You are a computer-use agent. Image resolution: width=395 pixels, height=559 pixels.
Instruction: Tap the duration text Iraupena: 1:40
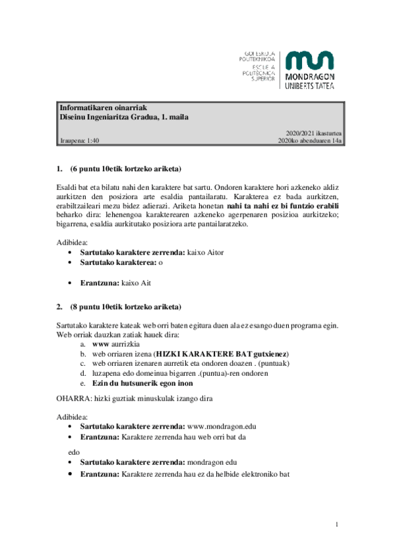tap(79, 140)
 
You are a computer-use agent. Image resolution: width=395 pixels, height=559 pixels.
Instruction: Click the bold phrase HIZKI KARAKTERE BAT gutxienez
tap(222, 354)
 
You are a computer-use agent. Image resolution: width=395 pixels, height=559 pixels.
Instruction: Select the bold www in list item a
tap(100, 344)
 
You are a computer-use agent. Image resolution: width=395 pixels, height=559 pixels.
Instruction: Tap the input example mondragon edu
tap(212, 463)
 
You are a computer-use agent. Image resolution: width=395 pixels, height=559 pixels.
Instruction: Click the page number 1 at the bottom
tap(336, 524)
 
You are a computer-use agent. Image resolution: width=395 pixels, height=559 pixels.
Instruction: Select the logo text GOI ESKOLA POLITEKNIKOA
tap(260, 57)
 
